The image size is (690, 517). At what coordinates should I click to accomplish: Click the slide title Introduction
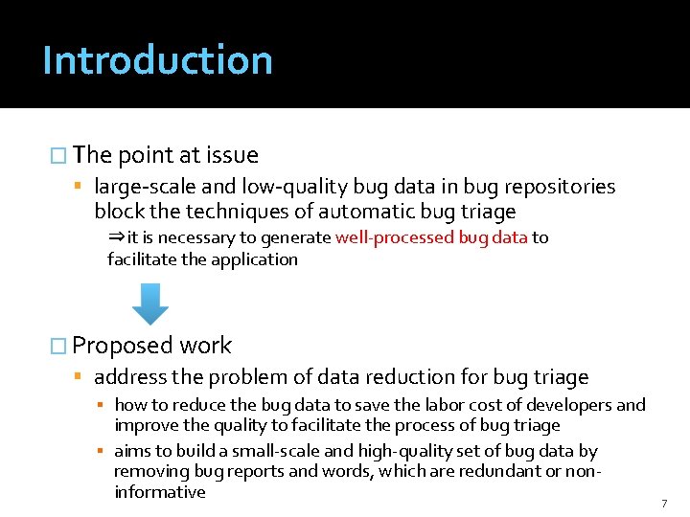[x=157, y=60]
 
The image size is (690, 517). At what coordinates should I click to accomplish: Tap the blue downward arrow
[x=149, y=304]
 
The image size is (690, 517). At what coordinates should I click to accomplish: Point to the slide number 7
[x=663, y=503]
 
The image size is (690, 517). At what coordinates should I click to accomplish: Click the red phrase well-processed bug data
[x=431, y=237]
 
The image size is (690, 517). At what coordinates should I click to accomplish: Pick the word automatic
[x=374, y=212]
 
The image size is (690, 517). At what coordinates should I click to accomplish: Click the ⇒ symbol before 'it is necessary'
[x=116, y=237]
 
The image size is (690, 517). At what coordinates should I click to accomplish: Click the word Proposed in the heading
[x=123, y=346]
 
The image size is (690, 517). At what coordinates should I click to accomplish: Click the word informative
[x=160, y=492]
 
